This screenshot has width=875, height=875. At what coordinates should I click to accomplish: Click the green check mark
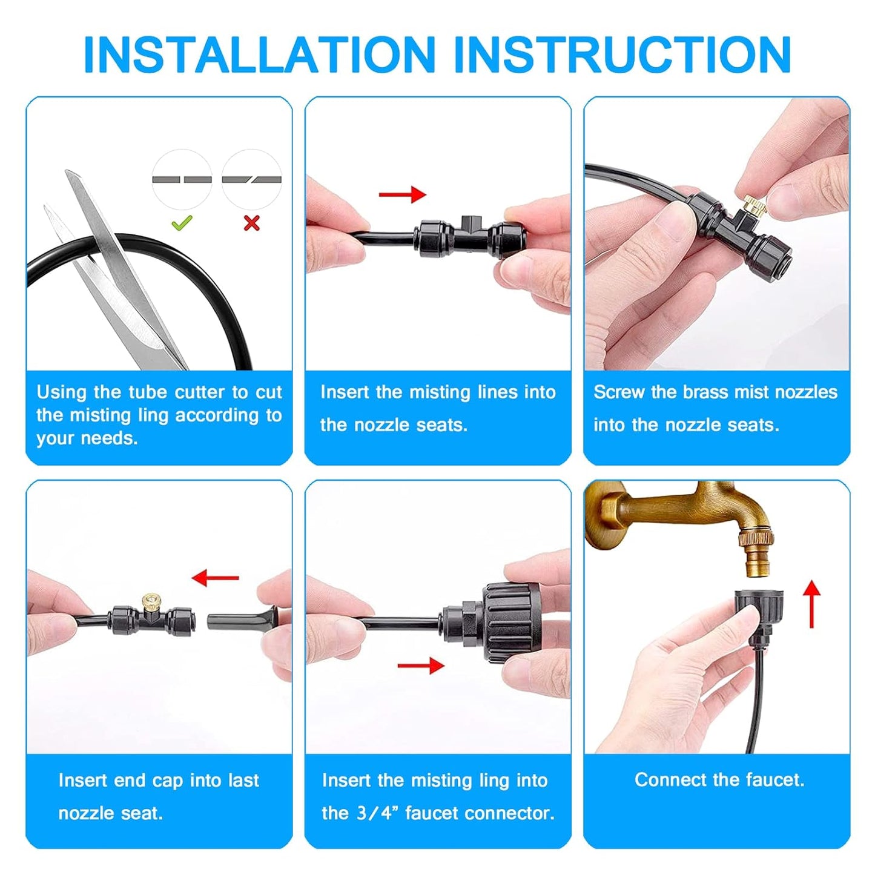182,223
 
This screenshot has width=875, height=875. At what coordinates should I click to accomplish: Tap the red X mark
251,223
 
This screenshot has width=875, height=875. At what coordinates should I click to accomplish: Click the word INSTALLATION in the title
259,55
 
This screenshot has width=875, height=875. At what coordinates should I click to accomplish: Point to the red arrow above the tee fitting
402,194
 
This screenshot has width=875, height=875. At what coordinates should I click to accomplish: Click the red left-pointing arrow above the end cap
215,578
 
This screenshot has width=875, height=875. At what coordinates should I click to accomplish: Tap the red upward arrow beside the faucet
812,603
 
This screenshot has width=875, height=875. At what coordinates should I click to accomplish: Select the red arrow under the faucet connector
421,665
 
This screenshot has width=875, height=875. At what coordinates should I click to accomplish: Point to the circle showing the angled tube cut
251,179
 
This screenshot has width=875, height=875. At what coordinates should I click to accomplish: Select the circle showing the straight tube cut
182,179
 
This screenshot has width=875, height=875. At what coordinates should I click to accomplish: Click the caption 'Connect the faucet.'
719,779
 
